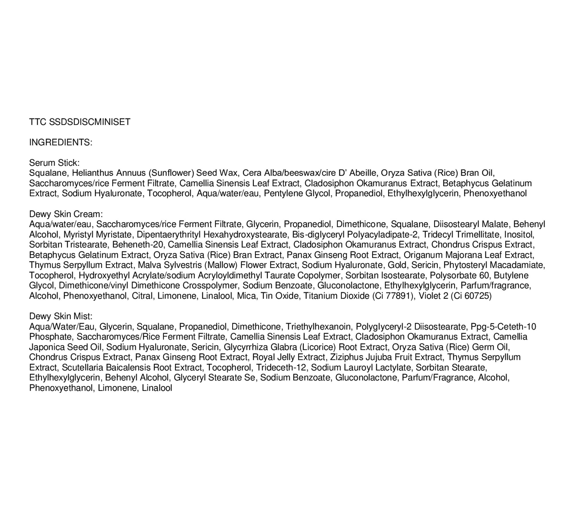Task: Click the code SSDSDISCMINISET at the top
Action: pos(90,122)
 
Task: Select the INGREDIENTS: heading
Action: pos(61,142)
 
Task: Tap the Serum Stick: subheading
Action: pos(54,163)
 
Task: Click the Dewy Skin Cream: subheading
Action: pos(66,214)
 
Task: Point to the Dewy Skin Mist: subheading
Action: pos(61,316)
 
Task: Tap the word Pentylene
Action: pos(283,193)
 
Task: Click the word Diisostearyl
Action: pos(456,224)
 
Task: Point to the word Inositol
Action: pos(519,235)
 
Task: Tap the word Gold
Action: pos(397,265)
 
